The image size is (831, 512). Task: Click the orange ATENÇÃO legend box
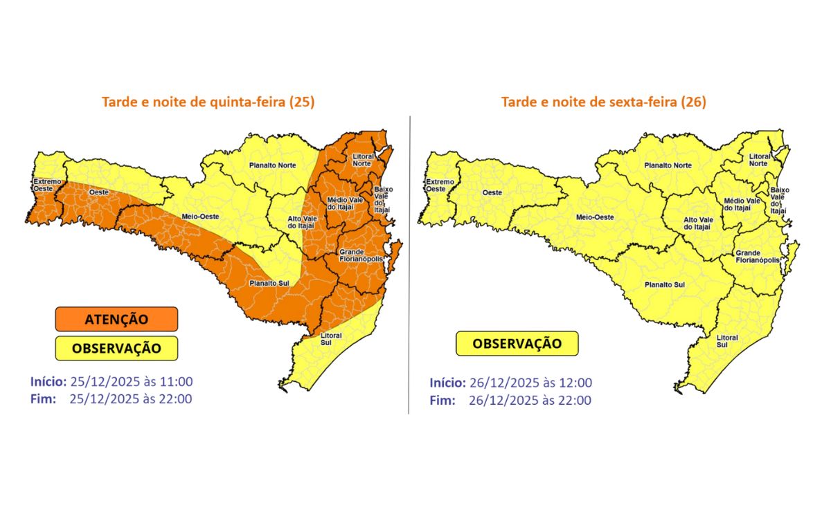[116, 319]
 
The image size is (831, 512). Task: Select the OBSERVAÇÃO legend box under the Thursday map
[116, 348]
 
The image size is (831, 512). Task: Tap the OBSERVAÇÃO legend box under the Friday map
[517, 343]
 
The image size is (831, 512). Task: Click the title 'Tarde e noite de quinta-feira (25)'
[208, 102]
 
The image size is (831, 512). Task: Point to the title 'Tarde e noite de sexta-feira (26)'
[603, 102]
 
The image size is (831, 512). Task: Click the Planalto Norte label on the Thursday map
[274, 166]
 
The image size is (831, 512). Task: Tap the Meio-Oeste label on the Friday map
[595, 217]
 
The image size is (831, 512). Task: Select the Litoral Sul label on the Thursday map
[331, 339]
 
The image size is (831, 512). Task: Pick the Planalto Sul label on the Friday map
[664, 284]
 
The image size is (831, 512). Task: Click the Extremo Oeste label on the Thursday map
[47, 185]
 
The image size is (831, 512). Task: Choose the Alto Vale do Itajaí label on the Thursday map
[303, 221]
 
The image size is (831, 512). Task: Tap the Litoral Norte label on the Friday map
[758, 161]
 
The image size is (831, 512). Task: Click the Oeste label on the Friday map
[492, 192]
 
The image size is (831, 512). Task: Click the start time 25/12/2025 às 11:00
[131, 381]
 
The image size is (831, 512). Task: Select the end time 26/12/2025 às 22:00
[530, 400]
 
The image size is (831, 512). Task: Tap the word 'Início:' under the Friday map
[447, 383]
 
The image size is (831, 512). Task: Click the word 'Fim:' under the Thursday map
[43, 399]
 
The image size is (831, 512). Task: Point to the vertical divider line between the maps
[409, 263]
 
